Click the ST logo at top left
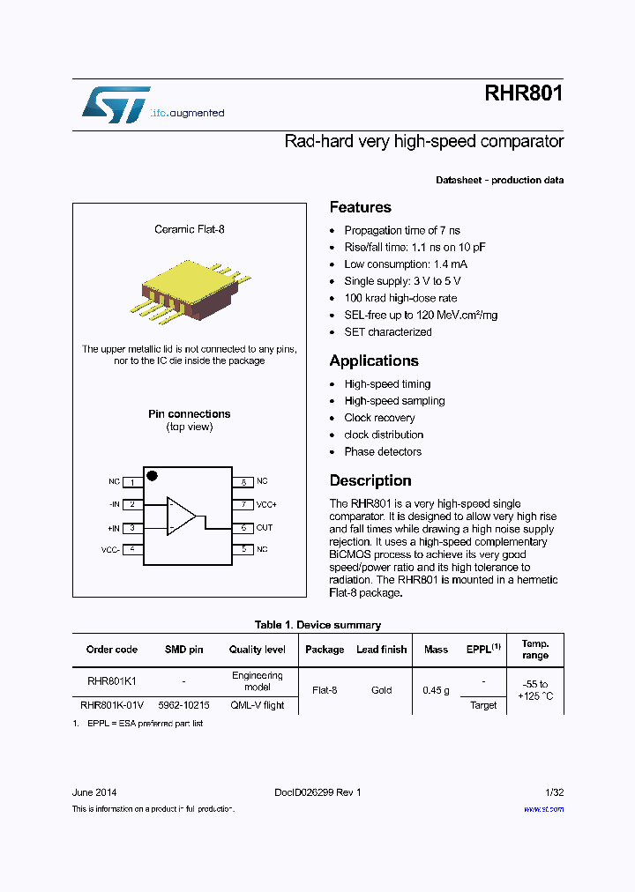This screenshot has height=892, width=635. [116, 105]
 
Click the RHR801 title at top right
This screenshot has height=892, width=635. [523, 94]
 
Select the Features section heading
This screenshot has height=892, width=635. [360, 207]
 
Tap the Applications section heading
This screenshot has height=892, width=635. [373, 361]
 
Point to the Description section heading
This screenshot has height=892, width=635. [370, 480]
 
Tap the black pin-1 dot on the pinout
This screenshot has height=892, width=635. [152, 476]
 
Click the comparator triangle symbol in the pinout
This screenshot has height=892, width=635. [182, 517]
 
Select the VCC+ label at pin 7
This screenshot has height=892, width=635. [266, 504]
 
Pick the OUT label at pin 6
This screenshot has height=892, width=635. [264, 528]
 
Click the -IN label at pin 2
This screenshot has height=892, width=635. [114, 504]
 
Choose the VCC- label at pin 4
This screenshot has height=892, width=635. [110, 549]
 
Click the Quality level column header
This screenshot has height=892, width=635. [257, 650]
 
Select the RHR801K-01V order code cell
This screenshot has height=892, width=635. [111, 705]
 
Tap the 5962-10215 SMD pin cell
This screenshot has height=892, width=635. [183, 705]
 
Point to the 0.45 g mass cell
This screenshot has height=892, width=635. [436, 690]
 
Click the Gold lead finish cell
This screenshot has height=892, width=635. [381, 690]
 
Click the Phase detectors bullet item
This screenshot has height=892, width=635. [383, 451]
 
